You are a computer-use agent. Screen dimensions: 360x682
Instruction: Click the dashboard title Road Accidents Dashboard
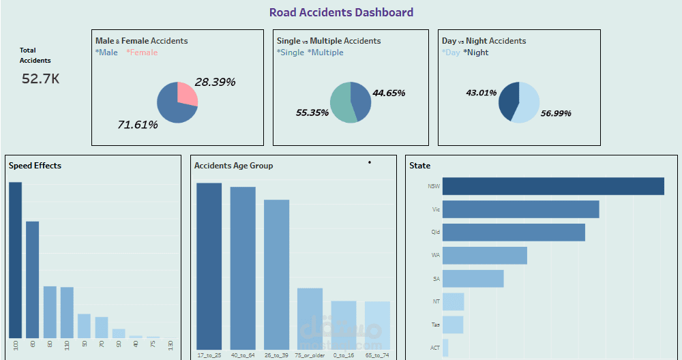(341, 12)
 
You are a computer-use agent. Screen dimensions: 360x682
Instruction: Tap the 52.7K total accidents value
(40, 79)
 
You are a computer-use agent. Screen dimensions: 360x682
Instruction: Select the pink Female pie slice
(187, 94)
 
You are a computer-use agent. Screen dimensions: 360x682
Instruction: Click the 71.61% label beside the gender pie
(138, 125)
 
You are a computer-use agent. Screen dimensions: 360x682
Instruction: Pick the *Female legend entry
(142, 52)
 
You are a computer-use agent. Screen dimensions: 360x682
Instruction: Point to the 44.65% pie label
(389, 93)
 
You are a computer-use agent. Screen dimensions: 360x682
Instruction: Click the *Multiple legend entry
(325, 52)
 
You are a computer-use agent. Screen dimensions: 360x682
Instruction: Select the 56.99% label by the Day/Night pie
(555, 113)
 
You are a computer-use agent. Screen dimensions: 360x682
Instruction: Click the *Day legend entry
(451, 52)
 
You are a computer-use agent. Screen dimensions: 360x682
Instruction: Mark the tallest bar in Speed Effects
(15, 259)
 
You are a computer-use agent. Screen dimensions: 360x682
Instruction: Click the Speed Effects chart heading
(35, 166)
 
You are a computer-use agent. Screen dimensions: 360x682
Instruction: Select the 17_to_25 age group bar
(209, 266)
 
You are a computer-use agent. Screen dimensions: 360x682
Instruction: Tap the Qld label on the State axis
(435, 232)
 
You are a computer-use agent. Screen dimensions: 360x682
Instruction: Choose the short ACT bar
(445, 348)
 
